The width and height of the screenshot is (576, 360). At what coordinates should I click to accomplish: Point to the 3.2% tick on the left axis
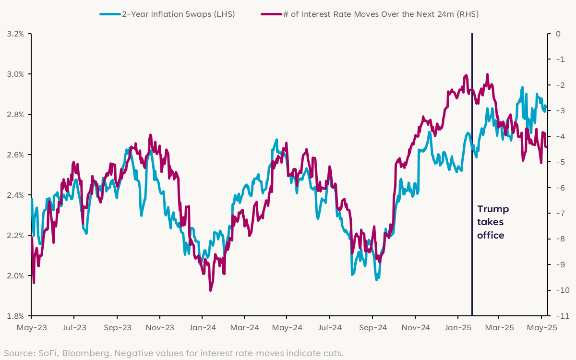click(x=15, y=34)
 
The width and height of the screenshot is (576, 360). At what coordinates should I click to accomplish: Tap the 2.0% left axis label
click(x=15, y=276)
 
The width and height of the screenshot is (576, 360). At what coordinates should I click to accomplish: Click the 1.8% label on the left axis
click(x=15, y=316)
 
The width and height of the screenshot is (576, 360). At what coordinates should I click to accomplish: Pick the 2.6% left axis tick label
click(x=15, y=155)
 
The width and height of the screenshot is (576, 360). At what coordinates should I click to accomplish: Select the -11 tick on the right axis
click(x=558, y=316)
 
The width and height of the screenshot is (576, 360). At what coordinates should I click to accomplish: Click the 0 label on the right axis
click(x=558, y=34)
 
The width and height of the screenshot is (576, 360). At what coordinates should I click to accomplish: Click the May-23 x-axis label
click(x=31, y=328)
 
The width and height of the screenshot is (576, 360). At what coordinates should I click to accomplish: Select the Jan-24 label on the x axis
click(x=202, y=328)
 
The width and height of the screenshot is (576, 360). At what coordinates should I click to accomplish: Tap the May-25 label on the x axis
click(x=542, y=328)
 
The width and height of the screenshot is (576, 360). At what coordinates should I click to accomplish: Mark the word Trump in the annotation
click(x=493, y=209)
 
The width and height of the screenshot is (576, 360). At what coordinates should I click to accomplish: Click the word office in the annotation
click(x=491, y=235)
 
